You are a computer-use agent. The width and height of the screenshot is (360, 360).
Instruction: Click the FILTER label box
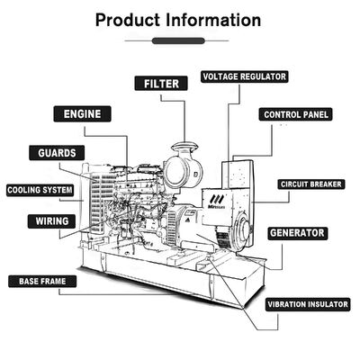pyautogui.click(x=161, y=84)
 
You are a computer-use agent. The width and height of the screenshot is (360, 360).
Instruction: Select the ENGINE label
pyautogui.click(x=82, y=114)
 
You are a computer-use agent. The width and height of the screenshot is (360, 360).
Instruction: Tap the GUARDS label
pyautogui.click(x=57, y=153)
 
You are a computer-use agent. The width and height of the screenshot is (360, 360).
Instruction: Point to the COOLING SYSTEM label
pyautogui.click(x=40, y=190)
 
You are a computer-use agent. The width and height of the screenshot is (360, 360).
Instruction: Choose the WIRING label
pyautogui.click(x=51, y=221)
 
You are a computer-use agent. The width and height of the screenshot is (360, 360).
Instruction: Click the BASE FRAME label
pyautogui.click(x=42, y=282)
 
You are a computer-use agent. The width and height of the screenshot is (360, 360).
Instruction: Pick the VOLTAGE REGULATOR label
pyautogui.click(x=245, y=76)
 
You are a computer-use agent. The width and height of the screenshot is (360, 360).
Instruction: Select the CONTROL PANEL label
pyautogui.click(x=296, y=114)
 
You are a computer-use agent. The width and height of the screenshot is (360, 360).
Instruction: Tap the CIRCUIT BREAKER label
pyautogui.click(x=311, y=184)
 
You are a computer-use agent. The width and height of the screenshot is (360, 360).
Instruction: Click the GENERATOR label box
pyautogui.click(x=298, y=233)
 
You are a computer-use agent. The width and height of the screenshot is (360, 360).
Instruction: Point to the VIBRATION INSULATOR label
pyautogui.click(x=308, y=304)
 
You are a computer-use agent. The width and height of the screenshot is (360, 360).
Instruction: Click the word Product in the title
pyautogui.click(x=128, y=21)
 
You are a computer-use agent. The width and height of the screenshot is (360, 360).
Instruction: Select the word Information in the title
pyautogui.click(x=213, y=20)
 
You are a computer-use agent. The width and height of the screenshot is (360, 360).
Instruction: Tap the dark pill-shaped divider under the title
pyautogui.click(x=178, y=40)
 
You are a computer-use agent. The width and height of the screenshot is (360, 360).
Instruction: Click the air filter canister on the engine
pyautogui.click(x=184, y=172)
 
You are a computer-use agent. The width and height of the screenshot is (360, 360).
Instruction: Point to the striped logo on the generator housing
pyautogui.click(x=217, y=199)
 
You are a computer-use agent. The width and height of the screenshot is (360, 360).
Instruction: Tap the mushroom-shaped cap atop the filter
pyautogui.click(x=184, y=147)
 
